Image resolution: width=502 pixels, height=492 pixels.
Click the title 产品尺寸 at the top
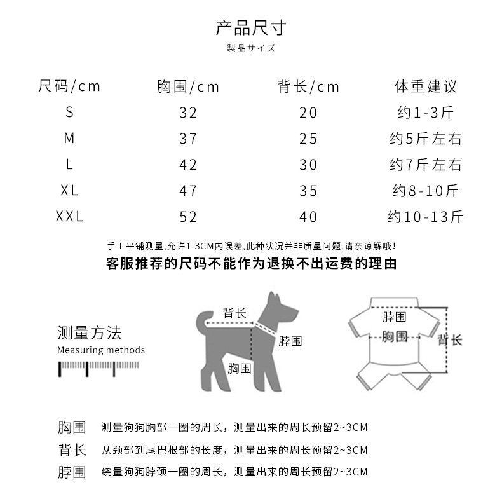pos(251,28)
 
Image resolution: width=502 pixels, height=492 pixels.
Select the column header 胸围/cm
pos(188,86)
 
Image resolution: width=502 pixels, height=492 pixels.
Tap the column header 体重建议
pos(425,86)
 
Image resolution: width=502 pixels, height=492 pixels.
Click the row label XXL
pos(69,217)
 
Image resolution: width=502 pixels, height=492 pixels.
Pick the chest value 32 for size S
pos(188,113)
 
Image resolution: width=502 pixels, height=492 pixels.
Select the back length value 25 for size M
pos(308,139)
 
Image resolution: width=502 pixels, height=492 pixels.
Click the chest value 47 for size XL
pos(188,191)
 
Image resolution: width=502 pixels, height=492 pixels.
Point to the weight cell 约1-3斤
pos(425,113)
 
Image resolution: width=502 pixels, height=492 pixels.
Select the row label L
pos(69,165)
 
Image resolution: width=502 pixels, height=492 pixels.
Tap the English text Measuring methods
pos(101,350)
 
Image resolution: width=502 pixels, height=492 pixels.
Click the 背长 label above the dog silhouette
pos(234,313)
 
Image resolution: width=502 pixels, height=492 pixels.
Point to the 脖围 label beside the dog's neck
pos(290,341)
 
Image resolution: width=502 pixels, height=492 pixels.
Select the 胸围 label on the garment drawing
pos(394,336)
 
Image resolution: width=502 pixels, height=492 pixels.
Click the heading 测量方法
pos(89,332)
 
